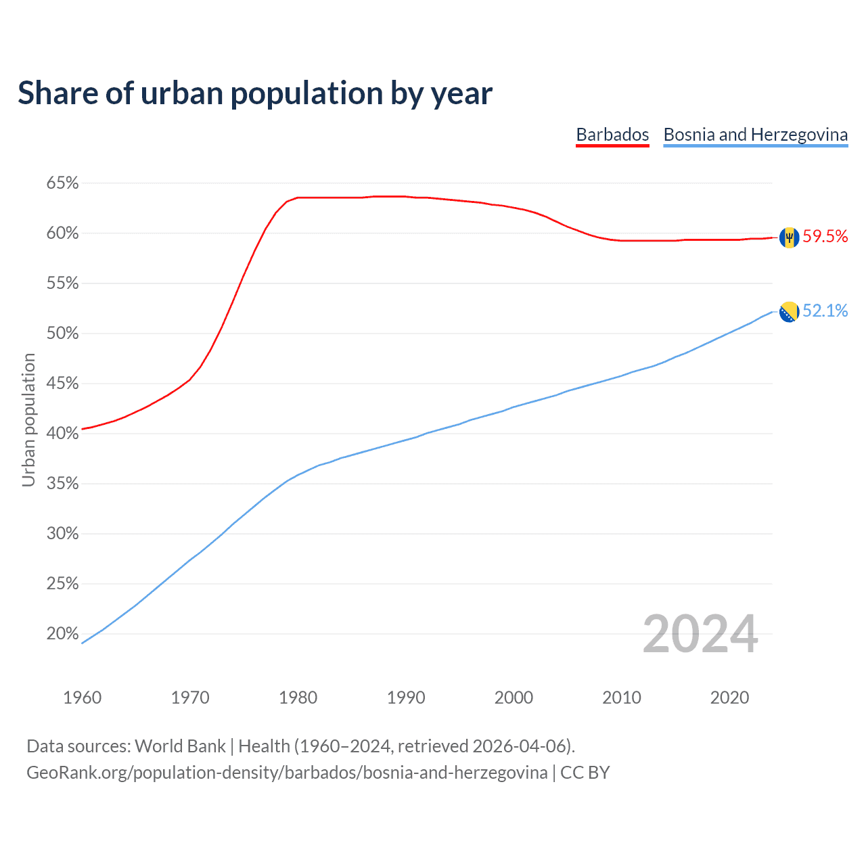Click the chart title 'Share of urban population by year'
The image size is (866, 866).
click(254, 93)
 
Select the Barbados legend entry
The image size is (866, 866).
click(612, 135)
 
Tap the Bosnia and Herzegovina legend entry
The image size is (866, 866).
click(755, 135)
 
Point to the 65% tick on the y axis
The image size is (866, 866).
click(62, 183)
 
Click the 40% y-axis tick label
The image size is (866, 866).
click(62, 434)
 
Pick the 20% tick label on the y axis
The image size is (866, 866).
click(62, 634)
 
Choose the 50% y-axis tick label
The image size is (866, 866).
click(62, 334)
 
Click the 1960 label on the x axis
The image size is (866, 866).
click(82, 698)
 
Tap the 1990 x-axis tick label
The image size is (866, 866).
click(406, 698)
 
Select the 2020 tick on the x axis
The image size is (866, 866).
click(729, 698)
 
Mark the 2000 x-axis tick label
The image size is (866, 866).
click(514, 698)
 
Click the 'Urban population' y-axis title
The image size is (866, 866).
click(28, 419)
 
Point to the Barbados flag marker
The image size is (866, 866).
click(789, 237)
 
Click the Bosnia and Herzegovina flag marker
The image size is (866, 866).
click(789, 312)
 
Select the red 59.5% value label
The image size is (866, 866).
click(825, 236)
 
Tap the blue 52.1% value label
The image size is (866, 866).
click(825, 311)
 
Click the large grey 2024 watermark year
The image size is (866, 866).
click(700, 634)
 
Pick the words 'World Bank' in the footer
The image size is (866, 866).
click(180, 746)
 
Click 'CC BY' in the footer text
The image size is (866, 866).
click(585, 773)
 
